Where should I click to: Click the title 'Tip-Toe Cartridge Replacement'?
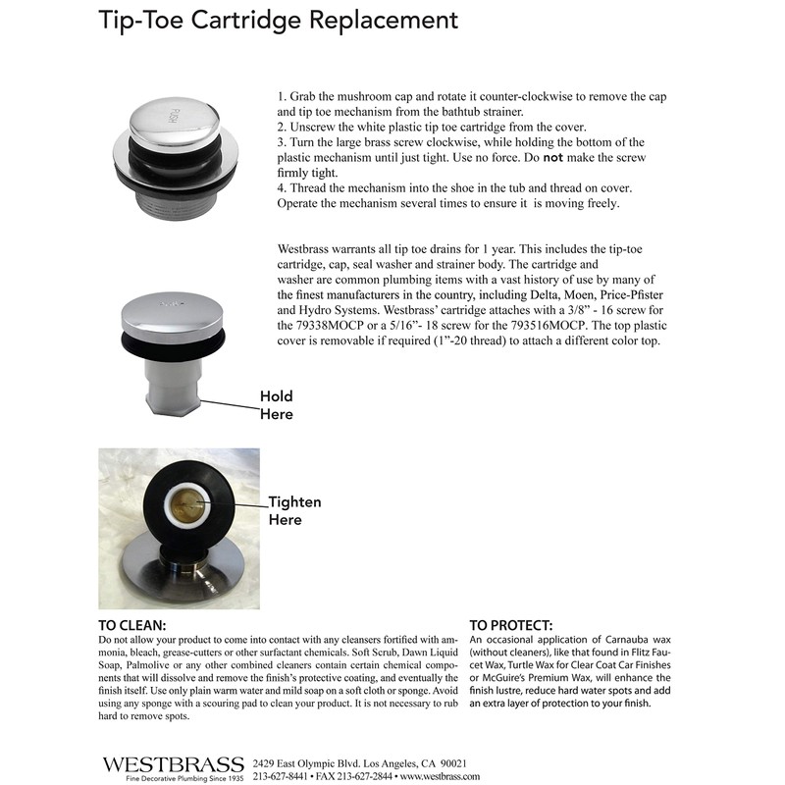279,20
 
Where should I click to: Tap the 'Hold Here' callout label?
276,405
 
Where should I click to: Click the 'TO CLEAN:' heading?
132,625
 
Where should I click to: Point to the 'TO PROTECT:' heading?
510,625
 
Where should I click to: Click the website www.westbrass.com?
441,776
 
